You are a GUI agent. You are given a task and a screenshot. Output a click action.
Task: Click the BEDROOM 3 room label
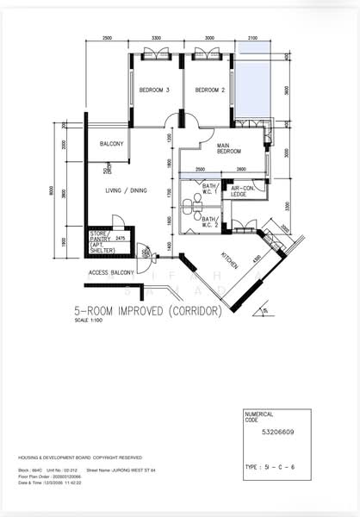(x=155, y=90)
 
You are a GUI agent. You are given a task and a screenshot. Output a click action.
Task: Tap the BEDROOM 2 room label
(x=209, y=90)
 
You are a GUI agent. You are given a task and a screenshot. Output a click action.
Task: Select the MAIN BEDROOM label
(x=229, y=148)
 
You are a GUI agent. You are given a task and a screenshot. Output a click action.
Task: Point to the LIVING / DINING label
(x=127, y=190)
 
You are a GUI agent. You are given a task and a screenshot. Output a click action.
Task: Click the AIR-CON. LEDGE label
(x=239, y=191)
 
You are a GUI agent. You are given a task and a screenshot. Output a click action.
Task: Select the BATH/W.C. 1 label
(x=210, y=189)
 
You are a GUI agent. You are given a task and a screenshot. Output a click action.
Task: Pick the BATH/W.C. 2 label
(x=210, y=222)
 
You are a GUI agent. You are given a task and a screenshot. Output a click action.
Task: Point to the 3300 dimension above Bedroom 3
(x=156, y=39)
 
